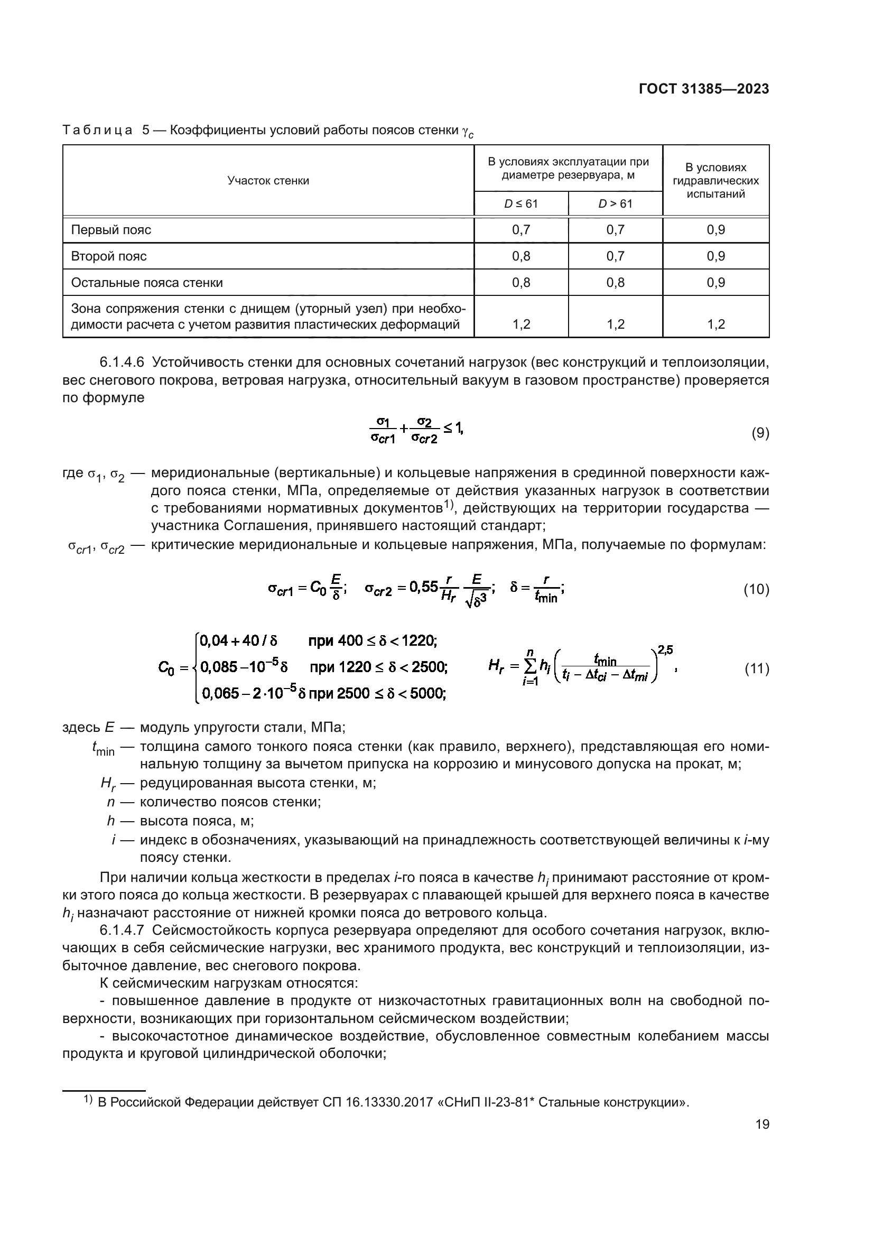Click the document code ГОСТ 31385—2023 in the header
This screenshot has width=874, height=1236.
(703, 89)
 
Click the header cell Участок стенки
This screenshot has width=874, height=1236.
(268, 181)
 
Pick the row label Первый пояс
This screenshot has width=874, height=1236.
(111, 230)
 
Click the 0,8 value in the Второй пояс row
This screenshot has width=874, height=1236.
(520, 256)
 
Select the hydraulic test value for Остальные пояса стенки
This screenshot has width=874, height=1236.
(715, 283)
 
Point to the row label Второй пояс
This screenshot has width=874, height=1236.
(109, 256)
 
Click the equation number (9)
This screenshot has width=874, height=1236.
(760, 433)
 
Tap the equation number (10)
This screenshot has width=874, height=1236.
(756, 590)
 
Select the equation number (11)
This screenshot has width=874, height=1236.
(756, 669)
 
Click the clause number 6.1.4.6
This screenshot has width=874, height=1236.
(122, 363)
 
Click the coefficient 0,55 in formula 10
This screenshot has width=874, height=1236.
(424, 587)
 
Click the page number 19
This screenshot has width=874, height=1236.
(762, 1125)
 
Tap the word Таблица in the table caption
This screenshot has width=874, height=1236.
(97, 131)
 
